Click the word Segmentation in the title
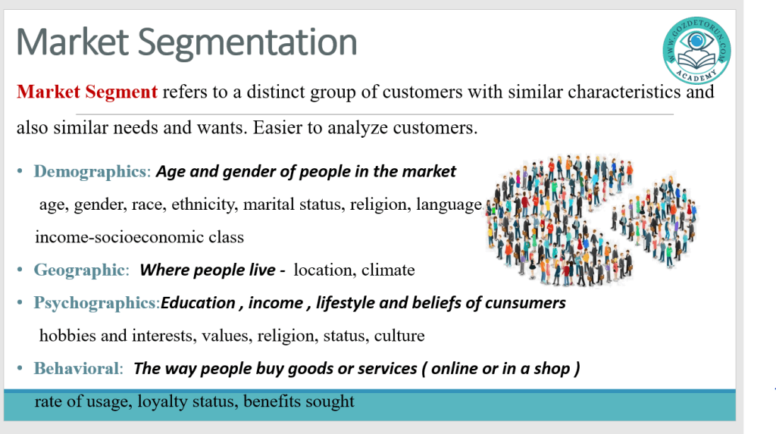click(x=247, y=43)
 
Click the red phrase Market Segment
click(x=87, y=92)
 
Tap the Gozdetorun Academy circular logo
click(x=696, y=50)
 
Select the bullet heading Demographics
click(x=89, y=171)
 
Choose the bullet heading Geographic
click(x=79, y=270)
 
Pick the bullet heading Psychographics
click(x=95, y=303)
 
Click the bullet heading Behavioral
click(x=77, y=369)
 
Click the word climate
click(x=388, y=270)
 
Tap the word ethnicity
click(x=203, y=205)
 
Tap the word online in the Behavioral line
click(x=454, y=369)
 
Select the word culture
click(x=399, y=336)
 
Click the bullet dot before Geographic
click(x=20, y=270)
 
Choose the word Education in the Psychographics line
click(x=198, y=303)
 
